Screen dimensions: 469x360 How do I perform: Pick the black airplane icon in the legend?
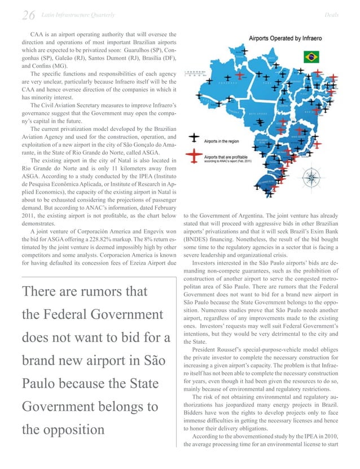pyautogui.click(x=194, y=137)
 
